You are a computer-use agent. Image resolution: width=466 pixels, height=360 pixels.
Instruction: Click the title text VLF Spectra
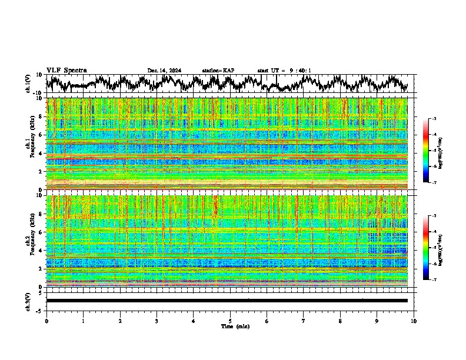(66, 70)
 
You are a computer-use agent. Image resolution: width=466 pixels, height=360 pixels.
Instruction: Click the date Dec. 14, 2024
(164, 71)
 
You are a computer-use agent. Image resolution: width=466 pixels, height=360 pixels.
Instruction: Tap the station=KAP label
(218, 71)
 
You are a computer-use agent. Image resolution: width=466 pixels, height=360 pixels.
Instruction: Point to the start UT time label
(284, 71)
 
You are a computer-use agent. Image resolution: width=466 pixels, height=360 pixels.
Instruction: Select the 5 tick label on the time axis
(230, 321)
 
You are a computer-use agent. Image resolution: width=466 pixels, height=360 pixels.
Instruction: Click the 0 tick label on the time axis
(46, 321)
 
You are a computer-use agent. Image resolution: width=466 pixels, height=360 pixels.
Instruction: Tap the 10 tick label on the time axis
(414, 321)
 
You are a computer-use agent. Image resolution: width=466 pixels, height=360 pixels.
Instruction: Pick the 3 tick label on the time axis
(157, 321)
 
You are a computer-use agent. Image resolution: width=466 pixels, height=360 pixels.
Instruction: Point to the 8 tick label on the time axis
(340, 321)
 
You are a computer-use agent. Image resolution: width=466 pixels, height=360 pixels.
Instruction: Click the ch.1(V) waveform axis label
(28, 84)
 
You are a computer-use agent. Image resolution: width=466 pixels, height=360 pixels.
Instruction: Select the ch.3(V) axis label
(28, 300)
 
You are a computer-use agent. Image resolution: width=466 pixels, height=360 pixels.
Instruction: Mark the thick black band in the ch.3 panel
(227, 301)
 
